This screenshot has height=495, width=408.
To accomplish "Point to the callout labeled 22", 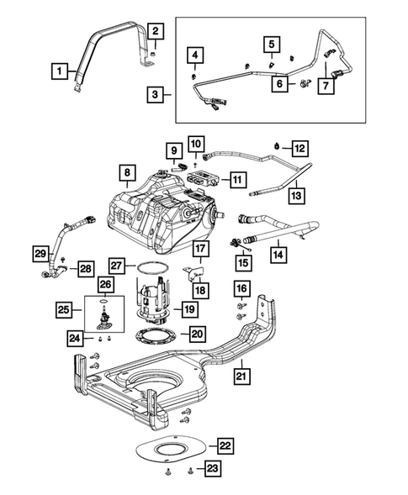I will tap(225, 445).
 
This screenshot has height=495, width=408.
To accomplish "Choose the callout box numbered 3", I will tap(154, 96).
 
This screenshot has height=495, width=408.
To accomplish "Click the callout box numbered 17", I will tap(201, 249).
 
